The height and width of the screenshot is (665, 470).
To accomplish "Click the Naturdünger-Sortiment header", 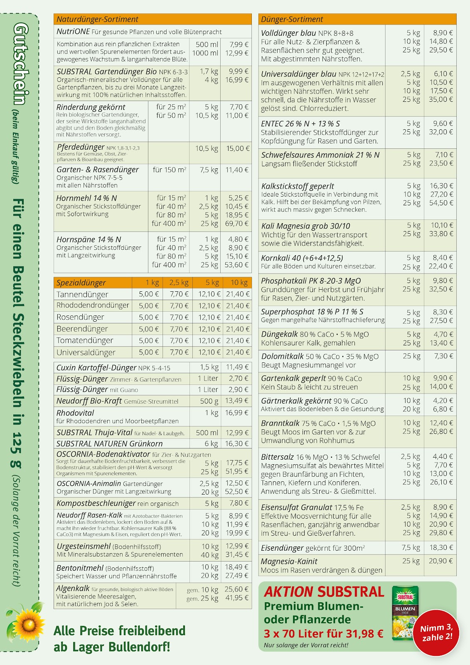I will point(97,20).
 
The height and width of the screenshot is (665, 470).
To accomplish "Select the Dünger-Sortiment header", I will point(291,20).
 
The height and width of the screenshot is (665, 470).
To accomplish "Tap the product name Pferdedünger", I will point(81,147).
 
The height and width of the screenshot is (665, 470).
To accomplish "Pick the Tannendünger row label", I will point(82,294).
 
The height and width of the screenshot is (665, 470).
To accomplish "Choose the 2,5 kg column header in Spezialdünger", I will point(179,283).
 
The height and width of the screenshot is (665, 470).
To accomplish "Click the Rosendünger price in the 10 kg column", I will point(238,317).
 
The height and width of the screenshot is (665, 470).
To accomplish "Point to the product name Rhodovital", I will point(75,413).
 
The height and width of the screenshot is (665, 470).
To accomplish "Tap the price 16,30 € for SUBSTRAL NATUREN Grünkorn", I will point(236,443).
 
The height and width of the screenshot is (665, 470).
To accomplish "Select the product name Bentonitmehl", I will point(80,568).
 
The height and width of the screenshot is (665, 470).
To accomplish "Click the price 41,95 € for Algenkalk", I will point(236,598).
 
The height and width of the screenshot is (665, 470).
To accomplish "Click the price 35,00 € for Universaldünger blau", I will point(441,99).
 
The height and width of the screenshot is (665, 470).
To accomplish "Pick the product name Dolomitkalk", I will point(283,356).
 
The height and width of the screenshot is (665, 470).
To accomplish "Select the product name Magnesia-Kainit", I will point(289,562).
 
